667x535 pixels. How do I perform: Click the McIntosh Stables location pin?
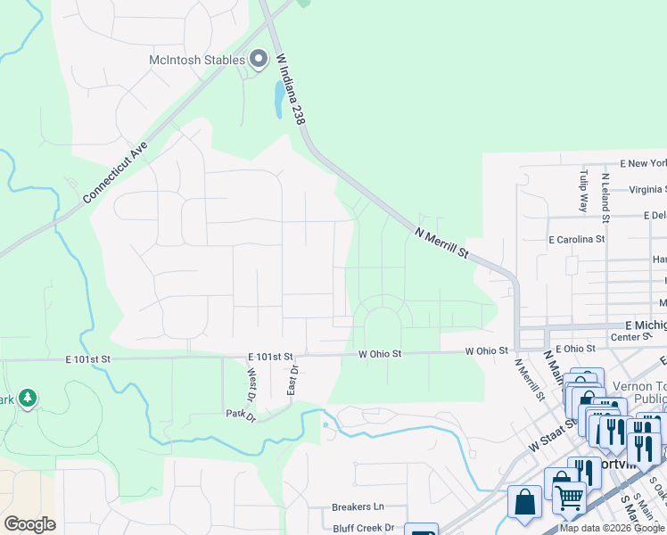tap(259, 60)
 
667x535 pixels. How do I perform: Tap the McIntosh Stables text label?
tap(196, 60)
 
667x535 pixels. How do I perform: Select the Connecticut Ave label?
tap(114, 171)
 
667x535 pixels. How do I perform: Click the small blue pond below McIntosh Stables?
tap(279, 99)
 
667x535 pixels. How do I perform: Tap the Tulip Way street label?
tap(584, 190)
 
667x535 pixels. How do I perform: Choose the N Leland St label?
tap(605, 196)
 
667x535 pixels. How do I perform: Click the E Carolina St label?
tap(576, 239)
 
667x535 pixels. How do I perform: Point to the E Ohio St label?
tap(574, 349)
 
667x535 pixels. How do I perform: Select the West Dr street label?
tap(251, 384)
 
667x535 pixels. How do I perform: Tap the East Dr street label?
tap(292, 380)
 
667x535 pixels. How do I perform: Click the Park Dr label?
tap(241, 415)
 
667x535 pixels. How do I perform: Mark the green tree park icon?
tap(28, 398)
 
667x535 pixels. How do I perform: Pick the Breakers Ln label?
tap(357, 506)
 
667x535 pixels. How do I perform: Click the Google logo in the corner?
tap(29, 523)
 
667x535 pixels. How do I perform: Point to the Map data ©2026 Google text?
tap(612, 529)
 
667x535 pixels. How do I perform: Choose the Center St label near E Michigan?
tap(630, 337)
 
